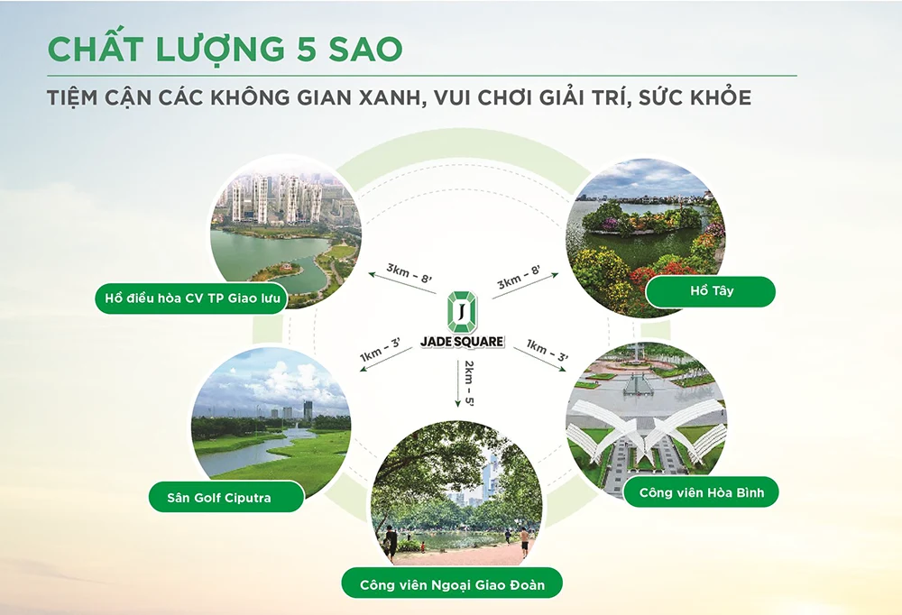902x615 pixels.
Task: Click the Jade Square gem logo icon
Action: (462, 312)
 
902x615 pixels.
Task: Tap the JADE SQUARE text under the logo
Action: (462, 342)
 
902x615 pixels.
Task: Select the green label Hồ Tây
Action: (711, 291)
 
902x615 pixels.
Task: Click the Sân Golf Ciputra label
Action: (226, 497)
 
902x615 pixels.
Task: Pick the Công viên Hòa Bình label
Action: (701, 492)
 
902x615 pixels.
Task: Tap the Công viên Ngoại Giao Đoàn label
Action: (452, 584)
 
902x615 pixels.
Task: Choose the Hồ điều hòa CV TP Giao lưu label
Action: (191, 298)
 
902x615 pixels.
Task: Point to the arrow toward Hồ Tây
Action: (525, 286)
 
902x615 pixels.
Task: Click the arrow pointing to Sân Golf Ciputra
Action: (386, 360)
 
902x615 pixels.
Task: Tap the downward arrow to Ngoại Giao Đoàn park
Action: (458, 384)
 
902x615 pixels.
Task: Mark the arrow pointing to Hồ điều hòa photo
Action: (401, 284)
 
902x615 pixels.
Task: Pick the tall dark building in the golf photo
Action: (308, 411)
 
